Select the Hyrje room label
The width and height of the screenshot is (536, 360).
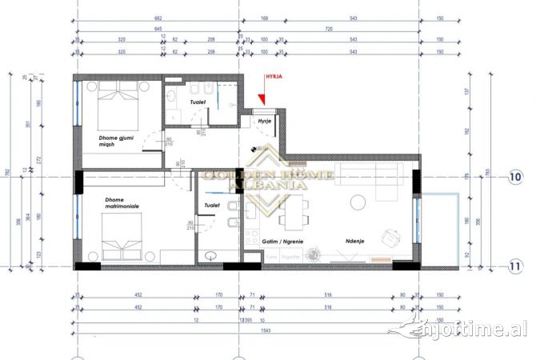click(x=265, y=120)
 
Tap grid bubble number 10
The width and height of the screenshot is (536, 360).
click(x=517, y=176)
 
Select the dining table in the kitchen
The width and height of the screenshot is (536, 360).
click(x=293, y=213)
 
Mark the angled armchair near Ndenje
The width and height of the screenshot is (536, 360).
click(x=391, y=236)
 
